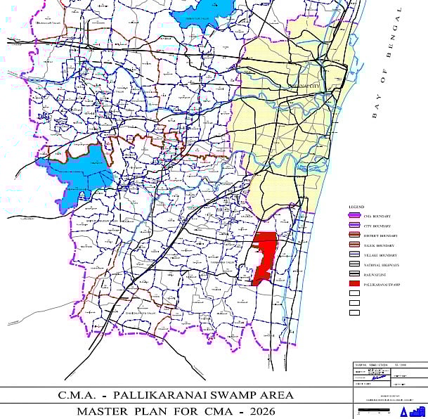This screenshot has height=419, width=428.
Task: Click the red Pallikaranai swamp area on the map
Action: (x=265, y=253)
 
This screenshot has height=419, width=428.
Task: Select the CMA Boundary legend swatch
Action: (x=354, y=216)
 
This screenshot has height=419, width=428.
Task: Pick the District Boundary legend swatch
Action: (x=354, y=236)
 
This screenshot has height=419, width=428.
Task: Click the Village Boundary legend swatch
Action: (x=354, y=254)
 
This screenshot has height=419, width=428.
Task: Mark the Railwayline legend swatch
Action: (x=354, y=274)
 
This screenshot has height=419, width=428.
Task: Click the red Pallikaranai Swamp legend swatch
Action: (x=354, y=284)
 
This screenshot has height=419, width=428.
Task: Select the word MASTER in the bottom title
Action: (x=102, y=411)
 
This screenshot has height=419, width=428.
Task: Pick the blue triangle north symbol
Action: (x=404, y=412)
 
